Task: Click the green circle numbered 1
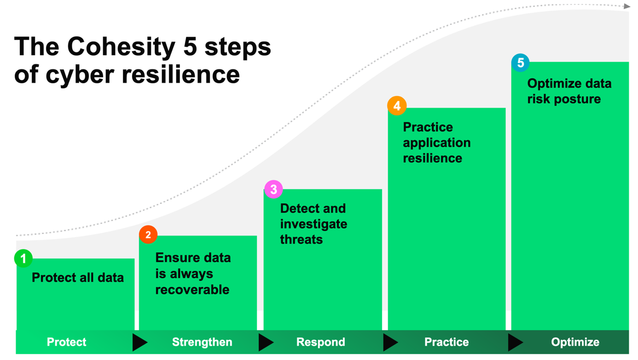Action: [x=23, y=258]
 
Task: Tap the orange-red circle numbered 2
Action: [x=148, y=234]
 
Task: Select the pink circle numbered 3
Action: [x=273, y=189]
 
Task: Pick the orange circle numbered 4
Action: [x=397, y=106]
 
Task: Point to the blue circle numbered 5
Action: [x=520, y=62]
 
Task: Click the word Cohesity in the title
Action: [x=121, y=47]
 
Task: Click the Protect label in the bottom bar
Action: [x=66, y=342]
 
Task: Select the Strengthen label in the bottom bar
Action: [x=202, y=342]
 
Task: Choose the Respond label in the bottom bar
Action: [x=321, y=342]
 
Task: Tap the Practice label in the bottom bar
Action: [x=447, y=342]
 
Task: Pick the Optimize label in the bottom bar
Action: [x=575, y=342]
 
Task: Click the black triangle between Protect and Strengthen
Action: [x=139, y=343]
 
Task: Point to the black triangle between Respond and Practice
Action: [x=390, y=343]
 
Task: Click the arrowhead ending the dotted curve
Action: [x=626, y=6]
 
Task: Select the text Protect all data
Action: [x=78, y=278]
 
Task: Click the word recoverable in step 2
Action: [x=192, y=290]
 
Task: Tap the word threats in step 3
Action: [x=302, y=239]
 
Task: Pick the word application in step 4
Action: [x=437, y=143]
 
